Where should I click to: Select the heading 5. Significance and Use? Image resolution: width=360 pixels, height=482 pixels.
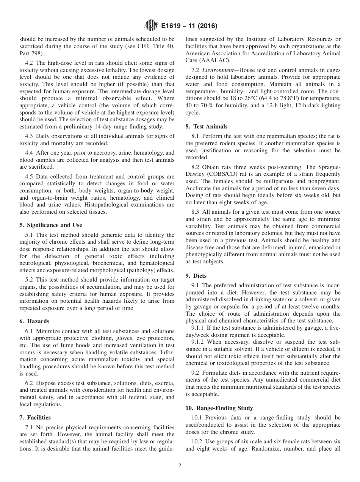[50, 225]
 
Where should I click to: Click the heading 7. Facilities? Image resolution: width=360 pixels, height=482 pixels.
[35, 417]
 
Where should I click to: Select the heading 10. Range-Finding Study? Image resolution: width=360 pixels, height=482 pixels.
[219, 408]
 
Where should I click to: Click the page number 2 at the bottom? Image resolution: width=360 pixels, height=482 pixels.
[180, 466]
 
